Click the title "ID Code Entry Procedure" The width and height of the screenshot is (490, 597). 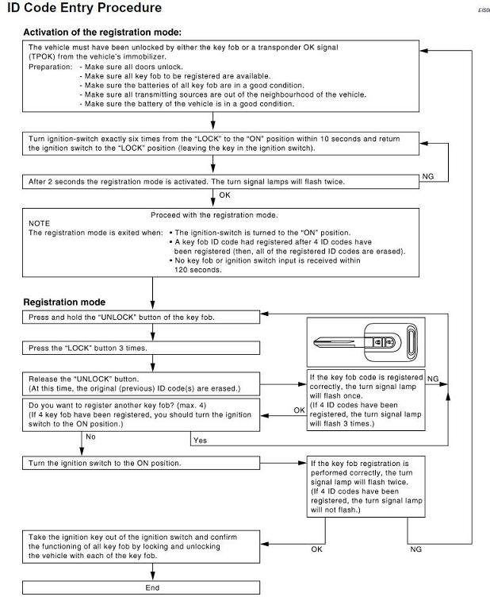click(x=84, y=8)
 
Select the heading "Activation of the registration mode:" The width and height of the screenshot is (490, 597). click(x=102, y=33)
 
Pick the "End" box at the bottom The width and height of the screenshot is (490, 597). click(x=152, y=587)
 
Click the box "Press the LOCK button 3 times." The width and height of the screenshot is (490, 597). click(x=141, y=348)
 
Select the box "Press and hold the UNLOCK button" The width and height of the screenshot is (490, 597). click(x=141, y=318)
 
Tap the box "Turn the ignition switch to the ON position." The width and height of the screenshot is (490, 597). click(x=141, y=463)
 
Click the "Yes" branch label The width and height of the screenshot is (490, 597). click(x=200, y=440)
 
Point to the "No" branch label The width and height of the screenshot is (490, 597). click(x=90, y=436)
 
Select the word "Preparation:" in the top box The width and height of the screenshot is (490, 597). click(x=51, y=67)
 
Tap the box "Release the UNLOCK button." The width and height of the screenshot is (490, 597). click(x=141, y=383)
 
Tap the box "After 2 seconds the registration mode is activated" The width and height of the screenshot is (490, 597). click(x=220, y=181)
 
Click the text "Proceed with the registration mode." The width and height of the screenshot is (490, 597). click(x=214, y=215)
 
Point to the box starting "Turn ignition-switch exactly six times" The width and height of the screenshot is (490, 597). click(x=220, y=144)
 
